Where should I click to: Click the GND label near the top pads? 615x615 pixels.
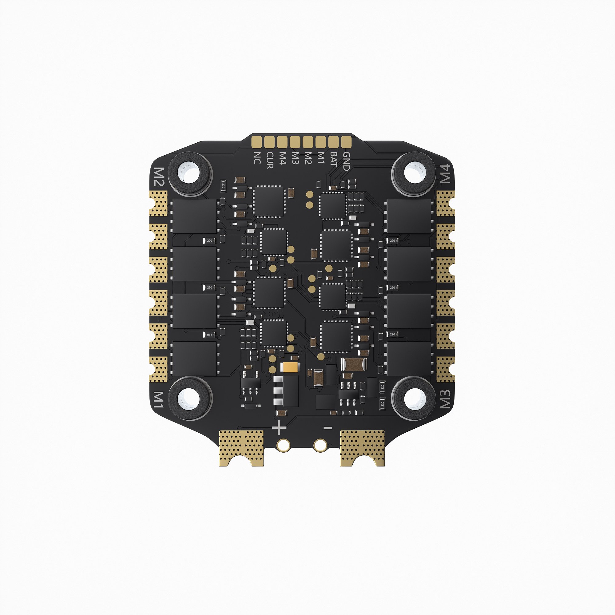click(346, 161)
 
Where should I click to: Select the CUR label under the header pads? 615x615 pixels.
click(270, 160)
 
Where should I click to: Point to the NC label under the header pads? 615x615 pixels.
click(257, 158)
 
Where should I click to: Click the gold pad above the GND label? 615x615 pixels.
click(346, 142)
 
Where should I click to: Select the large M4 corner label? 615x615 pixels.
click(445, 173)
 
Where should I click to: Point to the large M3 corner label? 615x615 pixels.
click(445, 399)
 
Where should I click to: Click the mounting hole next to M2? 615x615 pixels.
click(190, 173)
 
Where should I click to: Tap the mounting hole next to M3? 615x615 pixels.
click(414, 398)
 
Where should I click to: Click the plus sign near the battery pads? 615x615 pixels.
click(279, 427)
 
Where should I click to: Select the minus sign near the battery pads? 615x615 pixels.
click(328, 428)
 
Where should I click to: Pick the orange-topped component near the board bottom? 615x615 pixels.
click(290, 367)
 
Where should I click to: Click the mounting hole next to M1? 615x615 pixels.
click(190, 398)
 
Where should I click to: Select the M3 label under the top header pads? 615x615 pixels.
click(296, 158)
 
